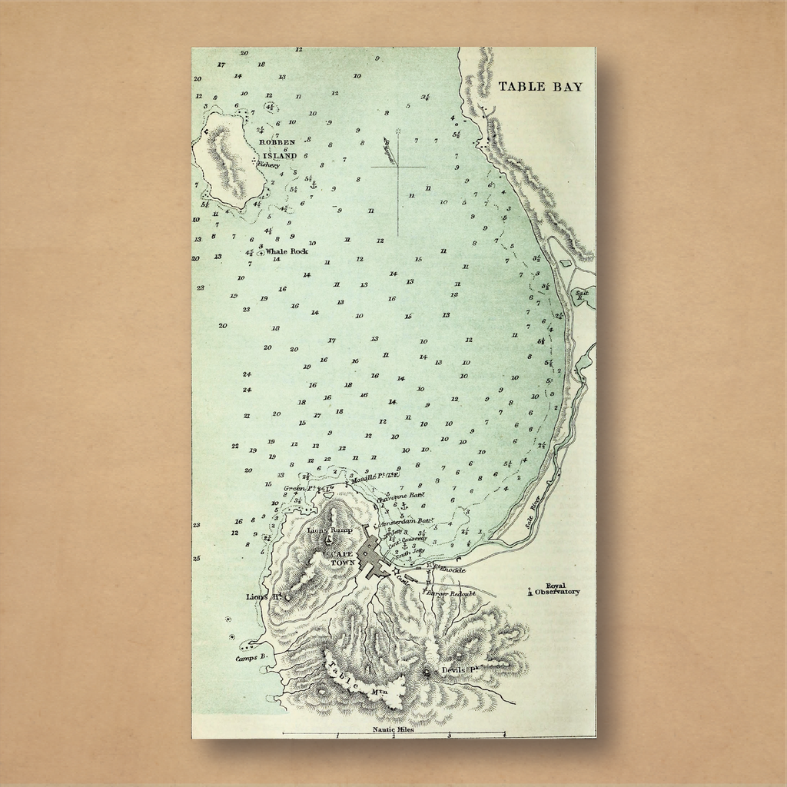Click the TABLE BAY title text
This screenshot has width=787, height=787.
point(540,86)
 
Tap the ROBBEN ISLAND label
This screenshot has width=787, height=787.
point(278,149)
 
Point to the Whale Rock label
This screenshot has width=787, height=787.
point(286,251)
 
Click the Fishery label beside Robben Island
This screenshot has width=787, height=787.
point(268,164)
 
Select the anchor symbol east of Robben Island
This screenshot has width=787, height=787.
point(313,185)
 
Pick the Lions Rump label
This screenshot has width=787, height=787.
point(329,530)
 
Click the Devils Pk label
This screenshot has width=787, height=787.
point(460,670)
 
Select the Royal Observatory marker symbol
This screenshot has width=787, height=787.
point(530,592)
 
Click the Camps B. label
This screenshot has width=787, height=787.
point(251,658)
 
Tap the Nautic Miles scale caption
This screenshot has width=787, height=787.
point(393,729)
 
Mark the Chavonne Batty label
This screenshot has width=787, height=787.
point(400,496)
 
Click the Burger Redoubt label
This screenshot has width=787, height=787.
point(451,593)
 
